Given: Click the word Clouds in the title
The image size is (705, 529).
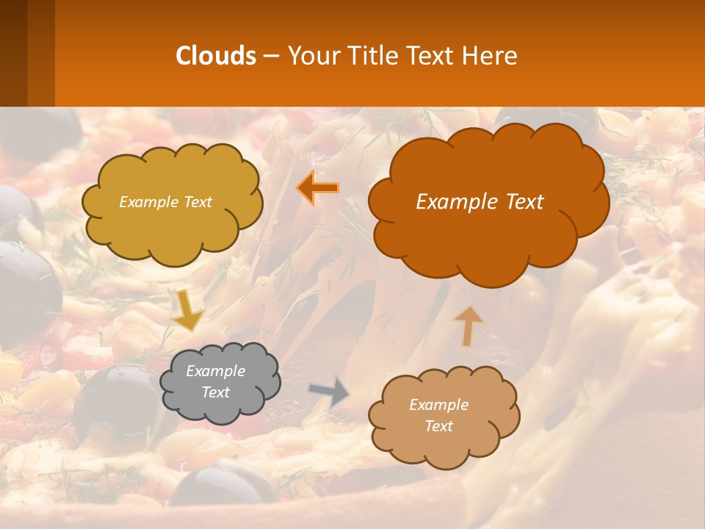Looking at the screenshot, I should [x=216, y=56].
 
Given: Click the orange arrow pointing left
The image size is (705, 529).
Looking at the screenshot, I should [x=318, y=188].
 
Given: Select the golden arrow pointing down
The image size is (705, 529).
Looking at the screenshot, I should [x=188, y=309].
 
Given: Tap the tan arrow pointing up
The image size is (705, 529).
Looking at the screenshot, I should [x=467, y=325].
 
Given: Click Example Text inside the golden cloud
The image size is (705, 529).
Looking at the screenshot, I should [x=165, y=202].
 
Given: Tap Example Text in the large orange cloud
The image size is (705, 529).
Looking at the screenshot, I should [x=480, y=202].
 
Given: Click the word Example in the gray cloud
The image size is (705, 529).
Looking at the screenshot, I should [x=215, y=371].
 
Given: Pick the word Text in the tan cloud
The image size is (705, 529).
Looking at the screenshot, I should [x=438, y=426].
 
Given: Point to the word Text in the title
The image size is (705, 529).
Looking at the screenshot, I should [x=429, y=56].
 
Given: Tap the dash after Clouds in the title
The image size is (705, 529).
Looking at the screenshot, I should [x=271, y=57].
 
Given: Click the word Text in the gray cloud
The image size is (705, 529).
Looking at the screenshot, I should [x=215, y=392].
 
